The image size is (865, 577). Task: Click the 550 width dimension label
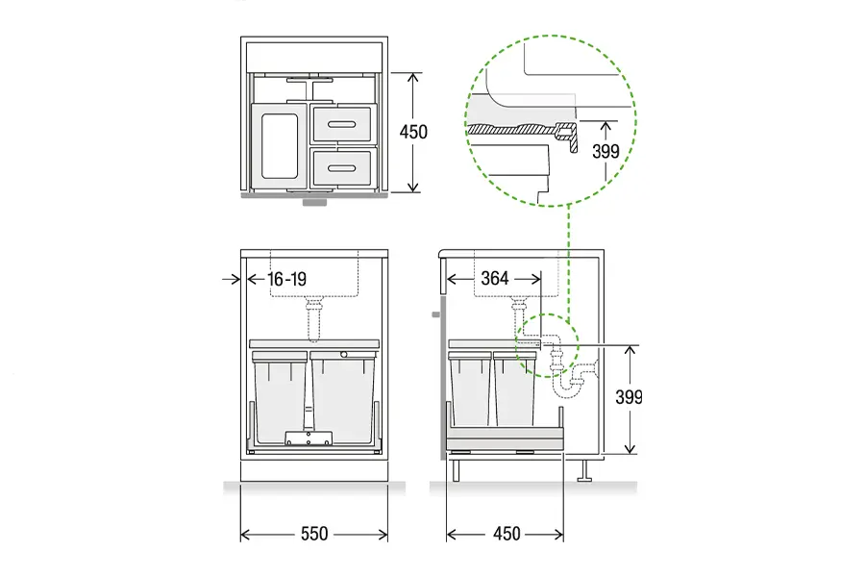(314, 534)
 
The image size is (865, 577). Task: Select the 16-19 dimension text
(286, 279)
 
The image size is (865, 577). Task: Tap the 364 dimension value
(495, 278)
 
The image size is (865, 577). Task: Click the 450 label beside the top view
(413, 132)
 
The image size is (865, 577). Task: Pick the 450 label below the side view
(507, 534)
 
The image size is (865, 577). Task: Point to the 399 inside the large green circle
(605, 151)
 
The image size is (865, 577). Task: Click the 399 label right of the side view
(629, 397)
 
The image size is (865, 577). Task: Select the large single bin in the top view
(279, 146)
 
